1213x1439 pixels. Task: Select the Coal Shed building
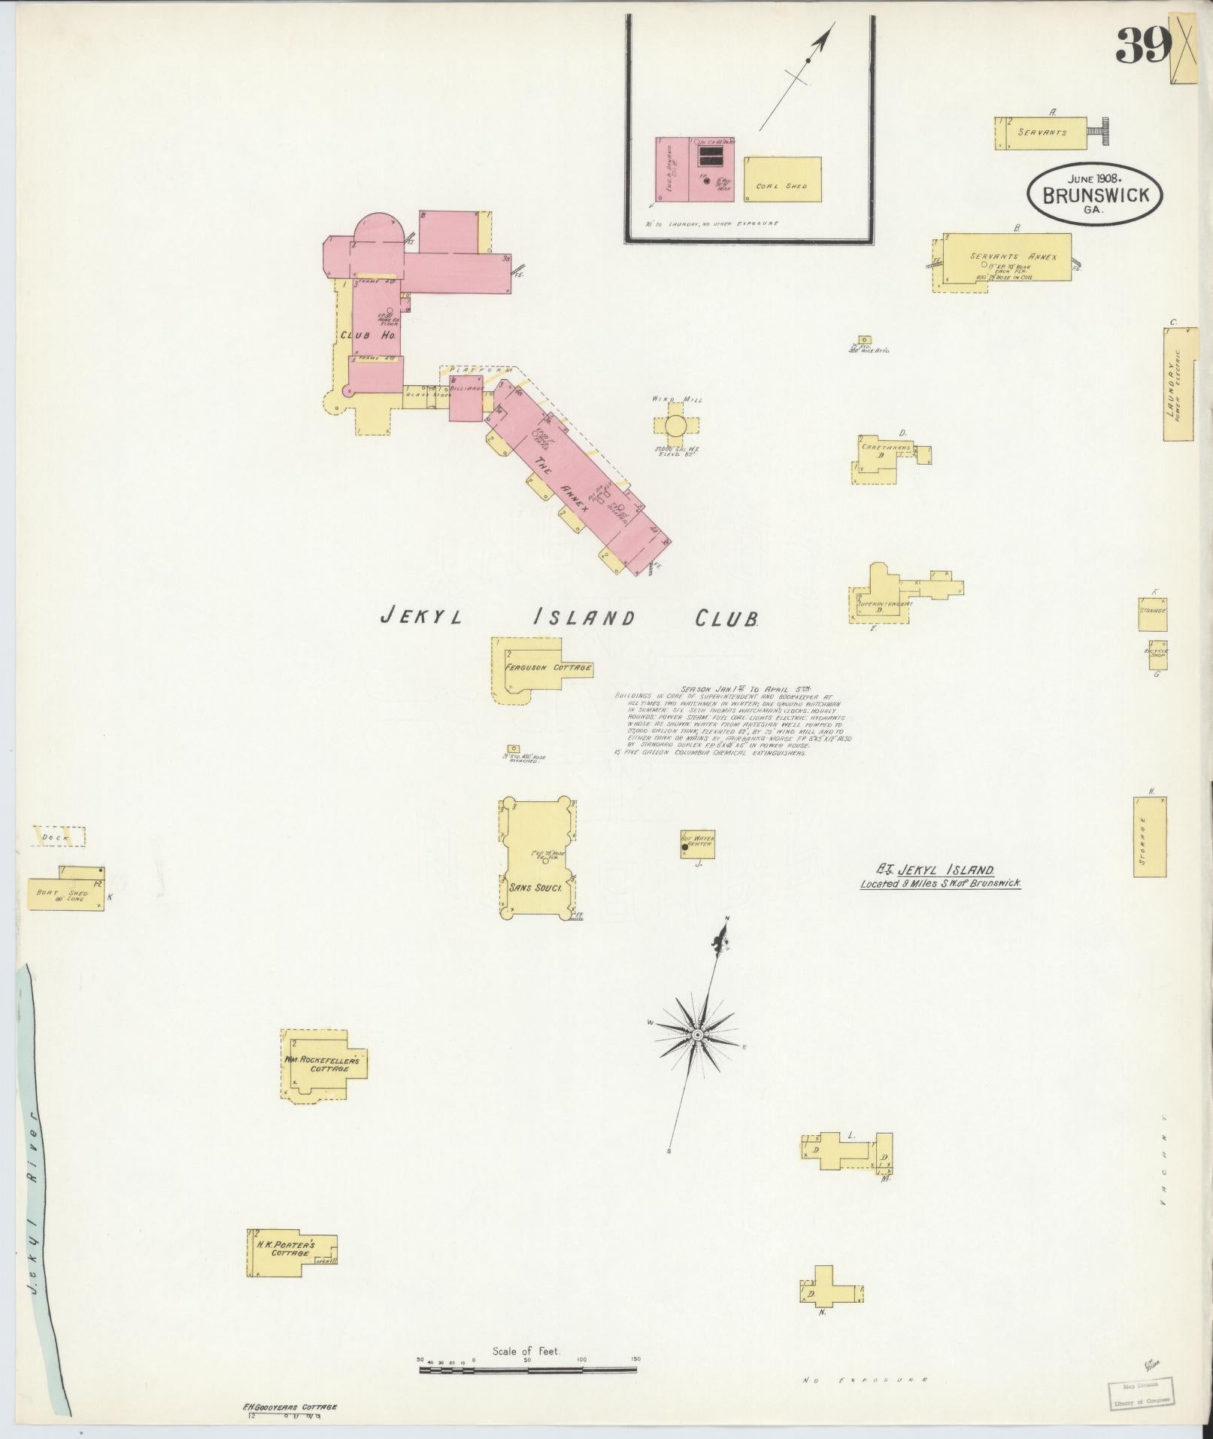(x=782, y=179)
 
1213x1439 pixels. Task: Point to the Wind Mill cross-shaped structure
(x=674, y=426)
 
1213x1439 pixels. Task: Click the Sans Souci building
(x=538, y=858)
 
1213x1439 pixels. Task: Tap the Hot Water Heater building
(x=697, y=844)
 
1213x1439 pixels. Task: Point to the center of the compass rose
(x=698, y=1036)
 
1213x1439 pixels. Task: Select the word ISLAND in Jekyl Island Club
(x=584, y=618)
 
